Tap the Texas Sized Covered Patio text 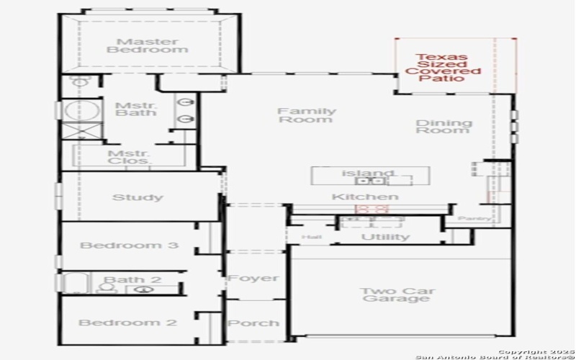pos(442,68)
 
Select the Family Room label pos(307,115)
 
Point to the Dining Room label pos(444,127)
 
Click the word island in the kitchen pos(368,174)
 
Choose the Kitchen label pos(364,197)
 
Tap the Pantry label pos(475,218)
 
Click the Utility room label pos(384,237)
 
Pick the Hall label pos(312,237)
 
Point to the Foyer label pos(253,278)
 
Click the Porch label pos(253,323)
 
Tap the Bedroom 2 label pos(127,323)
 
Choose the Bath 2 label pos(133,279)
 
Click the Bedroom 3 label pos(129,246)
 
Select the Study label pos(138,197)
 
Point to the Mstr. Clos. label pos(128,157)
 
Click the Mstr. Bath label pos(131,109)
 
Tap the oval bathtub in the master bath pos(75,111)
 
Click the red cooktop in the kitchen pos(372,209)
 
